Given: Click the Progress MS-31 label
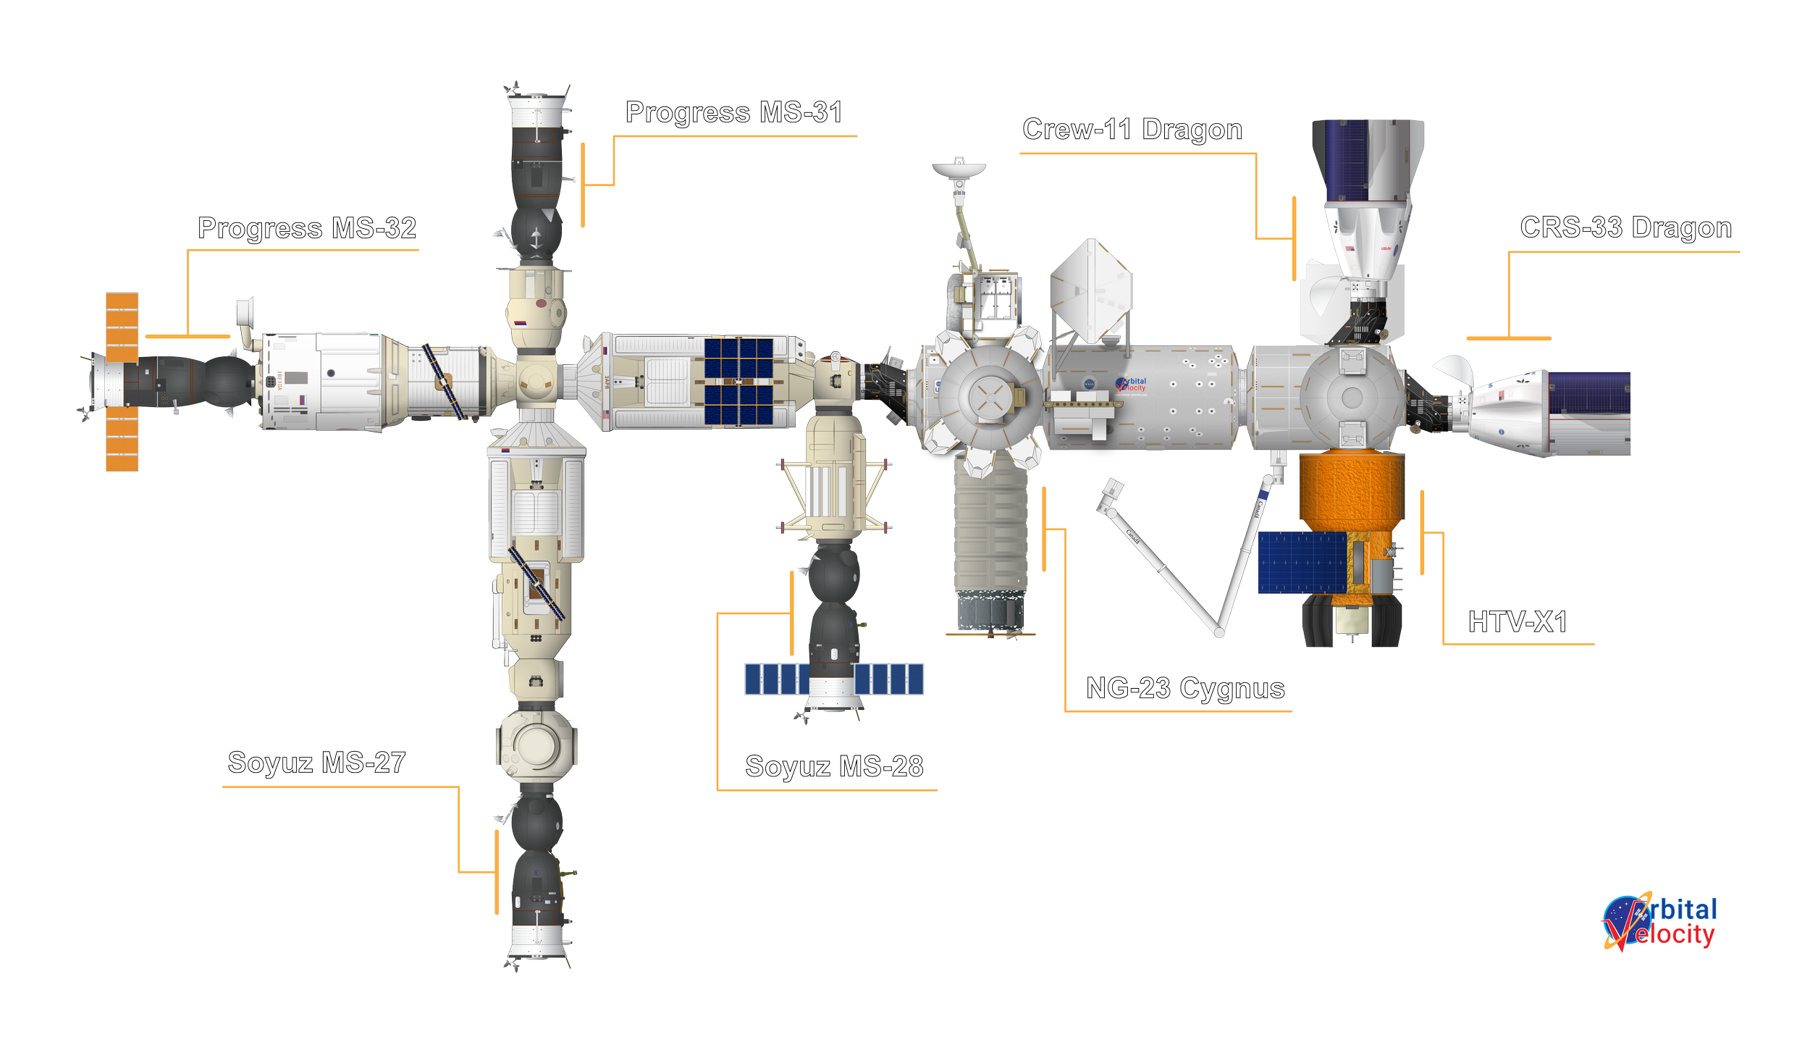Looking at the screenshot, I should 733,114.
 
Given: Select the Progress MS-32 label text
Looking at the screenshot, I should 307,229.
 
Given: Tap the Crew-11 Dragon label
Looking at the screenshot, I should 1132,130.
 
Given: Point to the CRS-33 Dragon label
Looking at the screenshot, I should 1625,228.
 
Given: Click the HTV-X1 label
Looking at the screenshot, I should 1518,622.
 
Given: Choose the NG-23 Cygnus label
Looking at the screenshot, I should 1186,688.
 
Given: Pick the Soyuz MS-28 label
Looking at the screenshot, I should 834,766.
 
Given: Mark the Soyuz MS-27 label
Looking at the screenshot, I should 316,763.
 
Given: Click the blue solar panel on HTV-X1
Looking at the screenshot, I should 1301,563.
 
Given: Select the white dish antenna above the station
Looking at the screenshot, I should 959,169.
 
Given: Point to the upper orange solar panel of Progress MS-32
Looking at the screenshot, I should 122,326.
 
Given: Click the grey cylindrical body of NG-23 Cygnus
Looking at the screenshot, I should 990,536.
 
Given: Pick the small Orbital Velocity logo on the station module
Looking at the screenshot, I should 1132,385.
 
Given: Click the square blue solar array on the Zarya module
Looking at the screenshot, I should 738,381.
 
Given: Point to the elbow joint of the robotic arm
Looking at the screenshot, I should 1220,633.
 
